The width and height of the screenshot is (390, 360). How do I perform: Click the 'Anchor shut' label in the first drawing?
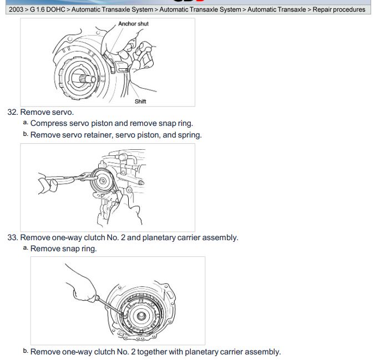[x=133, y=24]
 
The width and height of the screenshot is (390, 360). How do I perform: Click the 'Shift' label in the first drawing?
[x=140, y=102]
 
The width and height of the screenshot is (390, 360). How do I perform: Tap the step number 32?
[x=12, y=112]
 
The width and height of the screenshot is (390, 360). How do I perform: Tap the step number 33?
[x=12, y=237]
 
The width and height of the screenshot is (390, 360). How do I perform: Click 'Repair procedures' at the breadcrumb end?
[x=339, y=9]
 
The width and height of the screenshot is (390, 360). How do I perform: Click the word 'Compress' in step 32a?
[x=48, y=123]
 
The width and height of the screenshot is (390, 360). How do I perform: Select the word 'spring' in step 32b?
[x=189, y=135]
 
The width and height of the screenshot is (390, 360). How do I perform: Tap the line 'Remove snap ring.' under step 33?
[x=63, y=249]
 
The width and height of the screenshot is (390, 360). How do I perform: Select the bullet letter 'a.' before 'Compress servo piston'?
[x=26, y=123]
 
